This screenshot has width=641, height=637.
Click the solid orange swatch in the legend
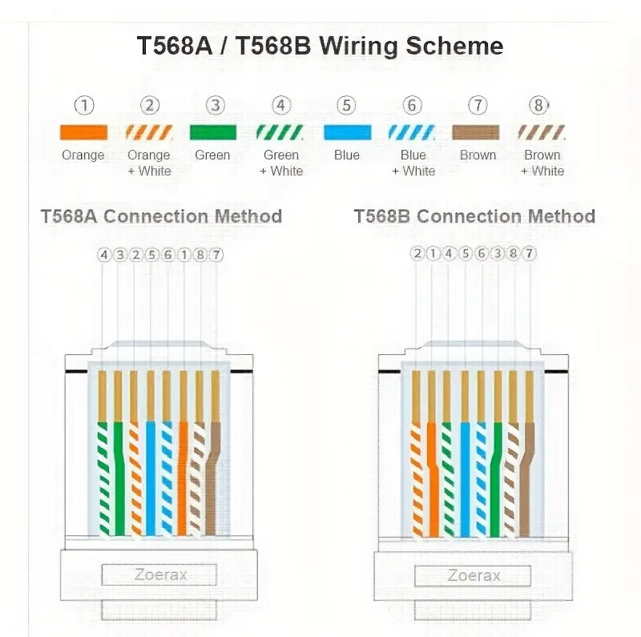pyautogui.click(x=83, y=132)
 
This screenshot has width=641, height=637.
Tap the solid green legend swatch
pyautogui.click(x=212, y=132)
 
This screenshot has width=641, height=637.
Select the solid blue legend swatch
pyautogui.click(x=346, y=132)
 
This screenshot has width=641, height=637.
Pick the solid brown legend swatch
pyautogui.click(x=478, y=132)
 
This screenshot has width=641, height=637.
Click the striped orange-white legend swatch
pyautogui.click(x=149, y=132)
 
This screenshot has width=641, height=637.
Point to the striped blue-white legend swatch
pyautogui.click(x=413, y=132)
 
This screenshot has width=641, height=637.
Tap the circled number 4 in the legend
pyautogui.click(x=280, y=106)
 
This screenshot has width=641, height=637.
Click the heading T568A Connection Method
pyautogui.click(x=161, y=216)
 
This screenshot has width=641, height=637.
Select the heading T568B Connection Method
pyautogui.click(x=474, y=216)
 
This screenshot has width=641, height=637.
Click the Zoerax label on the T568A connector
pyautogui.click(x=159, y=575)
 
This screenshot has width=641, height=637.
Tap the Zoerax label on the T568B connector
pyautogui.click(x=474, y=575)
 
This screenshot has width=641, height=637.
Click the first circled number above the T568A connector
pyautogui.click(x=103, y=255)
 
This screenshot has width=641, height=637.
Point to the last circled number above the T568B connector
pyautogui.click(x=529, y=255)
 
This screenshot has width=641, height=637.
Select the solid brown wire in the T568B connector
pyautogui.click(x=527, y=481)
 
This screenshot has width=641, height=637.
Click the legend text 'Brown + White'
pyautogui.click(x=542, y=163)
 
